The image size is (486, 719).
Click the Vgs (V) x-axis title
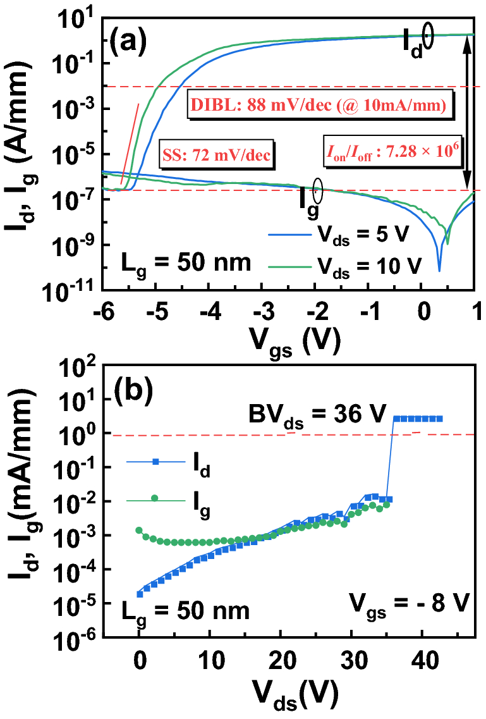pyautogui.click(x=288, y=342)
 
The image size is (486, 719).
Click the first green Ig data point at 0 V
pyautogui.click(x=139, y=530)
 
